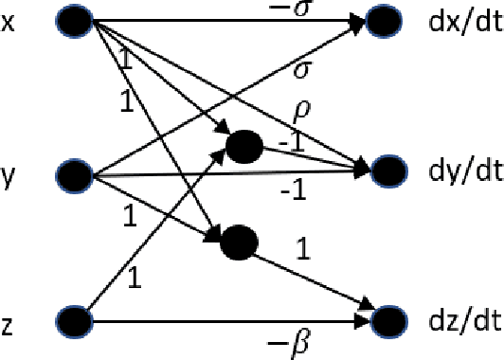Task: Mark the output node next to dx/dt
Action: pyautogui.click(x=388, y=21)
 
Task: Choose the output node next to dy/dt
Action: pyautogui.click(x=388, y=171)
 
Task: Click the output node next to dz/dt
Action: pyautogui.click(x=388, y=322)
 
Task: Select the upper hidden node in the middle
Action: pyautogui.click(x=244, y=146)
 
